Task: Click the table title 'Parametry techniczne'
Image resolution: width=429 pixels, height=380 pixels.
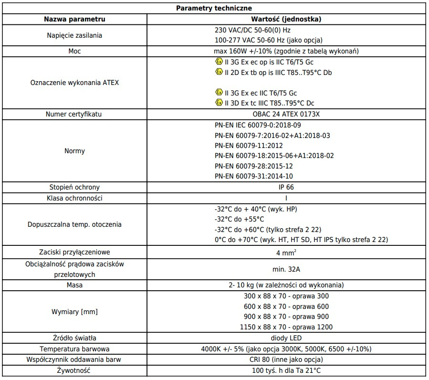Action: coord(214,8)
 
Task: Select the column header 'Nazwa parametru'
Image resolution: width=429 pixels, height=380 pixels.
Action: coord(74,20)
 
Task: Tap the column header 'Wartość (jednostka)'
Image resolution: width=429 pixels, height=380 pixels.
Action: coord(286,20)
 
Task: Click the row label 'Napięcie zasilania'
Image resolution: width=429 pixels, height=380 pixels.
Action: coord(74,35)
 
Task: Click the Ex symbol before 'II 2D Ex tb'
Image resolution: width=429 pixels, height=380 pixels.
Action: coord(219,72)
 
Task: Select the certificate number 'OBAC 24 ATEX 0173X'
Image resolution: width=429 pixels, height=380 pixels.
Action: coord(286,115)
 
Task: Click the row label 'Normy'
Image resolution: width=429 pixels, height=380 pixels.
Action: coord(74,151)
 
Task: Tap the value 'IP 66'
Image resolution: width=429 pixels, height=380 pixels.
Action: coord(286,187)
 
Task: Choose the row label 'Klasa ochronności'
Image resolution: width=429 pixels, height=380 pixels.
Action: coord(74,198)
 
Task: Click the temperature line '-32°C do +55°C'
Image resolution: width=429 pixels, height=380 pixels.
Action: coord(239,219)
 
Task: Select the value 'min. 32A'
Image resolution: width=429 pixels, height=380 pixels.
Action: coord(286,269)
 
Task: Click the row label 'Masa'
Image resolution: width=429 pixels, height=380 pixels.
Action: coord(74,285)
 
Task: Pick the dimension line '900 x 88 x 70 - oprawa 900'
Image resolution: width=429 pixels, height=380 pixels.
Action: coord(286,317)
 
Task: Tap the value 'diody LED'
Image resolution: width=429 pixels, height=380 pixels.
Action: coord(286,338)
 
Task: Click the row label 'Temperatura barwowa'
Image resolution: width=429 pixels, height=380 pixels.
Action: coord(74,349)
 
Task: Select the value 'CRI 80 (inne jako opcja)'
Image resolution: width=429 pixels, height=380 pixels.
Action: coord(286,359)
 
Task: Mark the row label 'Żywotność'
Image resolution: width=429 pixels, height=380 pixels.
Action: coord(74,370)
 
